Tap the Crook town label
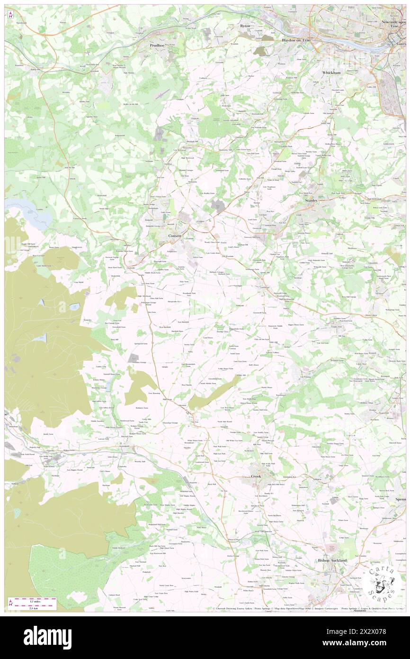pyautogui.click(x=256, y=476)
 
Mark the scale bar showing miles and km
pyautogui.click(x=36, y=603)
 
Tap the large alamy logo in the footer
pyautogui.click(x=48, y=637)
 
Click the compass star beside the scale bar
pyautogui.click(x=10, y=603)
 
